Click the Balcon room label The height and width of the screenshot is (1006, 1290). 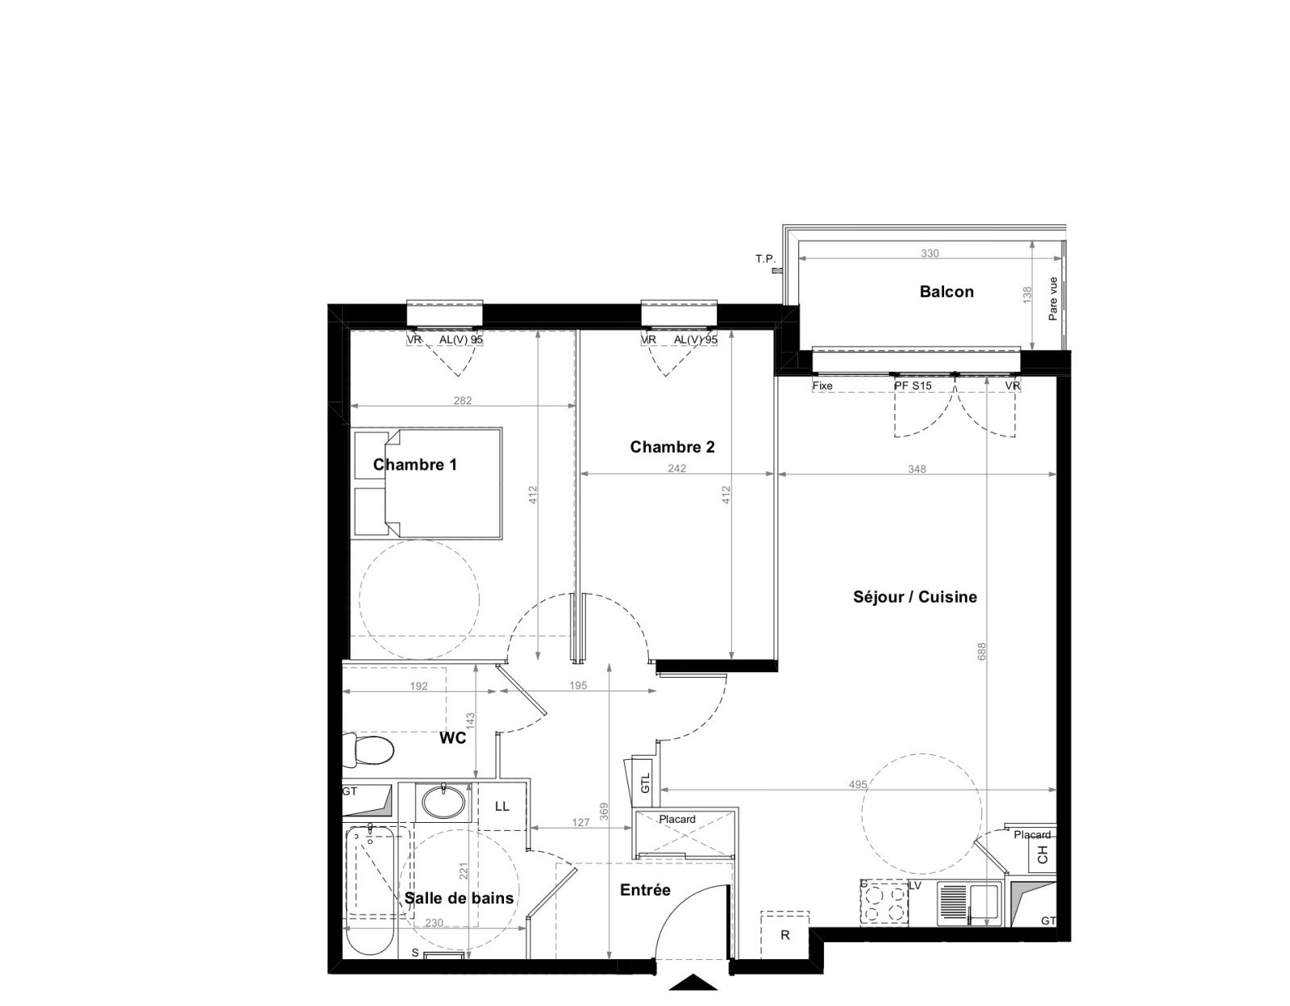947,291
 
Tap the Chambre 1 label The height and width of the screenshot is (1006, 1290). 415,465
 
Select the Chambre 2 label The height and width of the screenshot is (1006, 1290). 672,447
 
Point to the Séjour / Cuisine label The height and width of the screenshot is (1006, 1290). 915,597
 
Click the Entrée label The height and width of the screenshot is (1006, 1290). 645,890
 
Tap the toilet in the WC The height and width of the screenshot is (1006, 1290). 368,750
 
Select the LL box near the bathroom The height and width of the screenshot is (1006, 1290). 502,806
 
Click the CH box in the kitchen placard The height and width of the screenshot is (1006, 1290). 1042,856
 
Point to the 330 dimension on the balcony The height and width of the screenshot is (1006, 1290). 930,253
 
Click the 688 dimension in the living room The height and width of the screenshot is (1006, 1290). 982,651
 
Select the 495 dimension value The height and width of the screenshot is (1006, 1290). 858,784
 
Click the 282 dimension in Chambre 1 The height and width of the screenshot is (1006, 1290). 463,401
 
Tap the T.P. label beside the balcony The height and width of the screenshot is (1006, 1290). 765,259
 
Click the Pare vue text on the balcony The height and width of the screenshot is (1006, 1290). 1053,298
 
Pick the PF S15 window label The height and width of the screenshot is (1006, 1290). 913,386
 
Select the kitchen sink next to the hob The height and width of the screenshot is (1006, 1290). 969,904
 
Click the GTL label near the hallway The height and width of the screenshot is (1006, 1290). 646,782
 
